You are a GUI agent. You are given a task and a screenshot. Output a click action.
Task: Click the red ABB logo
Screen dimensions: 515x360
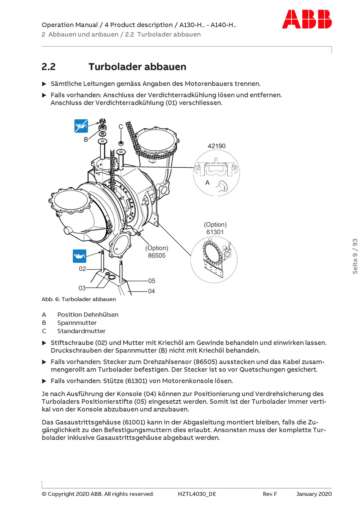click(x=307, y=19)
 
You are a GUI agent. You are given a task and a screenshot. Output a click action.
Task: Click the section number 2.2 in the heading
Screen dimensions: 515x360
click(x=49, y=67)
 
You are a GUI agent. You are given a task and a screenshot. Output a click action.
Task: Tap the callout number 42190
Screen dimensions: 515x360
click(x=216, y=146)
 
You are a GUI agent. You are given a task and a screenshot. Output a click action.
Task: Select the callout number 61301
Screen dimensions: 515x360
click(x=215, y=232)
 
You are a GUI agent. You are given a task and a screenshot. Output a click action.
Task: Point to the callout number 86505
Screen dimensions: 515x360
click(x=157, y=256)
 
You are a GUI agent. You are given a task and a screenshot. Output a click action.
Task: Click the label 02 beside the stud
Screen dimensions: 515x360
click(x=82, y=269)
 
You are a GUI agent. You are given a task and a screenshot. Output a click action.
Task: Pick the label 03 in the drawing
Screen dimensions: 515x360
click(x=82, y=288)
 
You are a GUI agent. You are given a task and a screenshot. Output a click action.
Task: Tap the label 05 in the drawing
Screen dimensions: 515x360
click(x=152, y=281)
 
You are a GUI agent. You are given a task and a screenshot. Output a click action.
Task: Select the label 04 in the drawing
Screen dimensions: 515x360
click(x=151, y=291)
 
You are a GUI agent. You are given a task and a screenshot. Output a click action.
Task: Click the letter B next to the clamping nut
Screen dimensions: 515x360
click(x=86, y=139)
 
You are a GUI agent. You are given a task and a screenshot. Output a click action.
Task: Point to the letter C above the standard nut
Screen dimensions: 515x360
click(x=121, y=127)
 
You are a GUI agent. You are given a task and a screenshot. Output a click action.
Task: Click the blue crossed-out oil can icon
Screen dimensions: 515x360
click(x=81, y=126)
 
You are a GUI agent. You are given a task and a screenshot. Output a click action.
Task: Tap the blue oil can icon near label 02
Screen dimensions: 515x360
click(x=80, y=256)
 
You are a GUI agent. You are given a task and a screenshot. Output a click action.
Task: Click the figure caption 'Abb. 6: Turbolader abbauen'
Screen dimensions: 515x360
click(x=79, y=299)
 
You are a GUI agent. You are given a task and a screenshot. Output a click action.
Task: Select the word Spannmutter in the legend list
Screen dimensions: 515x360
click(x=77, y=323)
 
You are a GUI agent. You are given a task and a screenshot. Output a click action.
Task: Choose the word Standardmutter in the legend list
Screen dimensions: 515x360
click(x=81, y=331)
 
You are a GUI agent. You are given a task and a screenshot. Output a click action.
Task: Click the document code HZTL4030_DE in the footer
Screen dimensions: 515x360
click(x=197, y=494)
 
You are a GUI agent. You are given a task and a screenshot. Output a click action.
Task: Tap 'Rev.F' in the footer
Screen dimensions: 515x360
click(x=270, y=494)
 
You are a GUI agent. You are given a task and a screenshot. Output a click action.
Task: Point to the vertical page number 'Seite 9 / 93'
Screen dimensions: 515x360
click(x=355, y=256)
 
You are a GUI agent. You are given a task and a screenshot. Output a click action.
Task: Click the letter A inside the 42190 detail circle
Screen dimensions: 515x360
click(x=207, y=183)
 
